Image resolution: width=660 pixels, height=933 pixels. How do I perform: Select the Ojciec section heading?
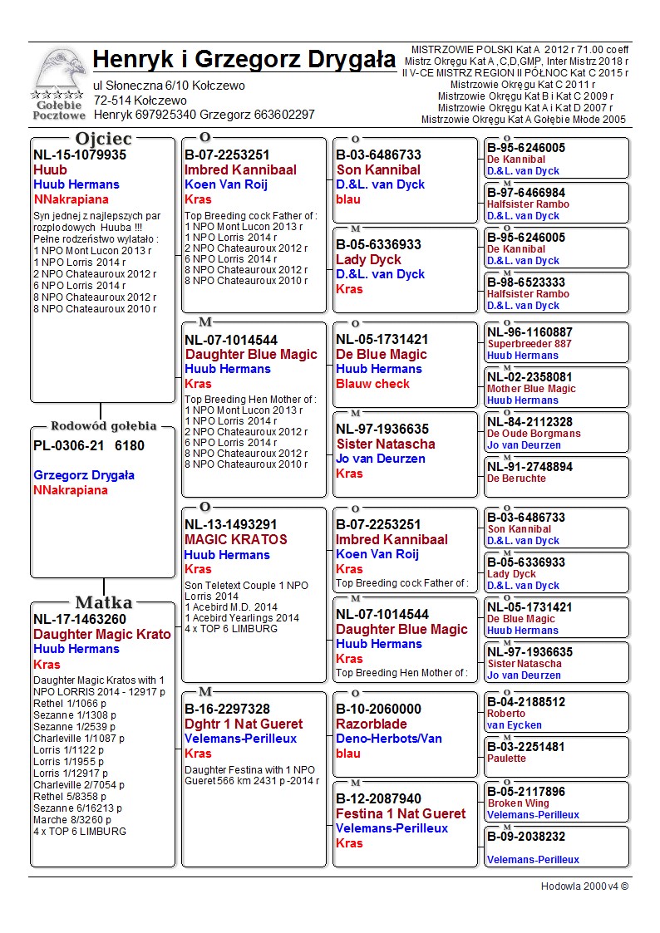[x=103, y=138]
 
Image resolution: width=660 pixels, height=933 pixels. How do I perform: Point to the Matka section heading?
[x=103, y=602]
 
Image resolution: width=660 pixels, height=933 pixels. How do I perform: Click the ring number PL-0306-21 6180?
[x=89, y=445]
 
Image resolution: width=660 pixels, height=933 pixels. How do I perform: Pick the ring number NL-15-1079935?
[x=80, y=155]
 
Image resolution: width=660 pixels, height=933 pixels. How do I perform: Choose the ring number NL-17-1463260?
[x=80, y=619]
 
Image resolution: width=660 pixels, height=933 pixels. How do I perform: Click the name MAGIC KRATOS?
[x=236, y=539]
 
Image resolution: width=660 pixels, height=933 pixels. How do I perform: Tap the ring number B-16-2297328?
[x=227, y=709]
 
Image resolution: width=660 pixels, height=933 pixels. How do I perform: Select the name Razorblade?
[x=372, y=724]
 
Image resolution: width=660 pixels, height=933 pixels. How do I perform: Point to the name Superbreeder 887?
[x=529, y=344]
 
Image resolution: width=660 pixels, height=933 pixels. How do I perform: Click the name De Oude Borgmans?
[x=534, y=434]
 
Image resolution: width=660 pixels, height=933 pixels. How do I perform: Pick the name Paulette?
[x=506, y=759]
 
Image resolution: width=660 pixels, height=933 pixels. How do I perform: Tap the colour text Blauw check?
[x=372, y=384]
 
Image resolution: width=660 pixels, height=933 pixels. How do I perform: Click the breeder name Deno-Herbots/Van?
[x=389, y=739]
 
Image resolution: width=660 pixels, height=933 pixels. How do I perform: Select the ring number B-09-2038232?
[x=526, y=837]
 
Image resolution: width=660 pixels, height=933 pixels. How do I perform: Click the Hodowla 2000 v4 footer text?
[x=584, y=886]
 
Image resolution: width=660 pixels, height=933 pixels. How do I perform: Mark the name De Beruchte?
[x=516, y=479]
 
